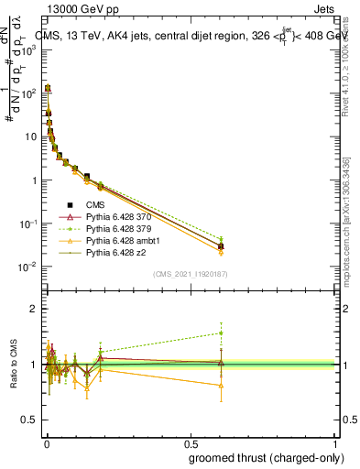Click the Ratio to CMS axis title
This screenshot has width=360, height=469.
click(x=14, y=364)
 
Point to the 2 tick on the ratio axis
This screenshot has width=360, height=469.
click(x=33, y=310)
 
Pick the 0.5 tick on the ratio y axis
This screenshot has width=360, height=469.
click(x=30, y=420)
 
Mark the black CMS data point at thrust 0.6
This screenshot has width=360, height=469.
click(x=220, y=246)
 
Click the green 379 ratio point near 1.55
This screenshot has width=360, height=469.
click(x=220, y=333)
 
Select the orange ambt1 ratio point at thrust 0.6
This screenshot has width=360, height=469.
click(x=220, y=386)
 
